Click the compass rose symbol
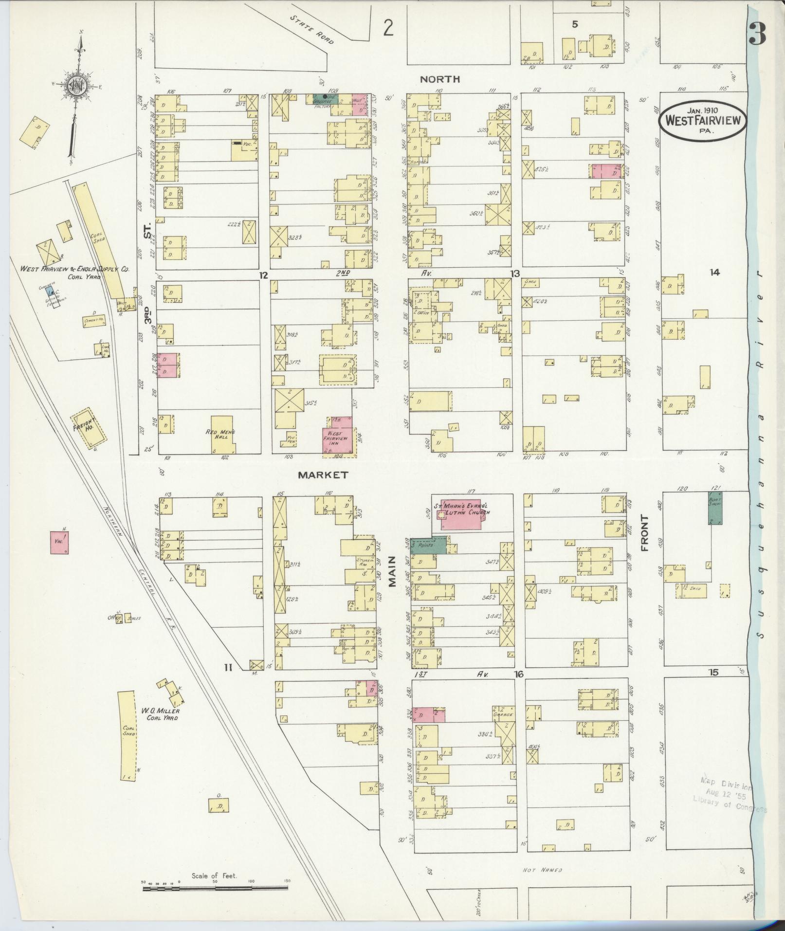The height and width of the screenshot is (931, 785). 77,88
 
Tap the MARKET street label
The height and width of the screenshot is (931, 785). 323,475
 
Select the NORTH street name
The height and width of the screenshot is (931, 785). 440,79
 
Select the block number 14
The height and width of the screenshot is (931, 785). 714,273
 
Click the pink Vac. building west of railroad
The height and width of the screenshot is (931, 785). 59,542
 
